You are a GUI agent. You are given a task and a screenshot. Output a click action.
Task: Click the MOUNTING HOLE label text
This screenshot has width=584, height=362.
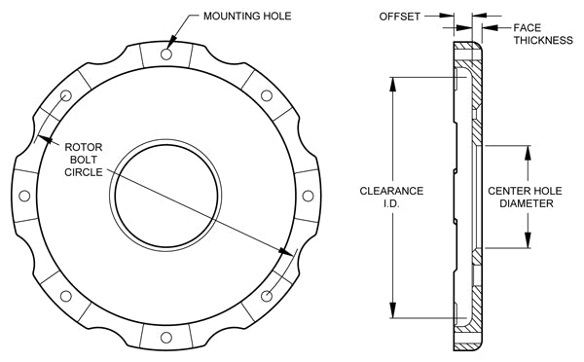(247, 16)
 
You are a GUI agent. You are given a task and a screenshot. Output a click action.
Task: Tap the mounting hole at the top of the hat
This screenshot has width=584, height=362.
(166, 54)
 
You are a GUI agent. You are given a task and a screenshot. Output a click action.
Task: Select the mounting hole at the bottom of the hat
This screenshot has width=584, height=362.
(166, 338)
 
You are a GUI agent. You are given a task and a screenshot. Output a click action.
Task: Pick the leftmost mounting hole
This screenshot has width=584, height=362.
(24, 196)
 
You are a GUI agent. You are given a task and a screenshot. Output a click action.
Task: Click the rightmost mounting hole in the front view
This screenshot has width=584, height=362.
(308, 196)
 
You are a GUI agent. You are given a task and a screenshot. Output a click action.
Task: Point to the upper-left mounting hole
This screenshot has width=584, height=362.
(66, 96)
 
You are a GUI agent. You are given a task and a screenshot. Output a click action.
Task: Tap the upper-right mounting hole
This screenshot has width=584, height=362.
(267, 95)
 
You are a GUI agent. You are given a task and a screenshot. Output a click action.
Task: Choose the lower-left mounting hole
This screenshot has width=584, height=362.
(66, 296)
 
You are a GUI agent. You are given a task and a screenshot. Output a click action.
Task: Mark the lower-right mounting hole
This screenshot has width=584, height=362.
(267, 296)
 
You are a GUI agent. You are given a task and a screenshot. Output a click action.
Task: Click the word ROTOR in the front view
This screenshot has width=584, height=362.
(84, 147)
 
